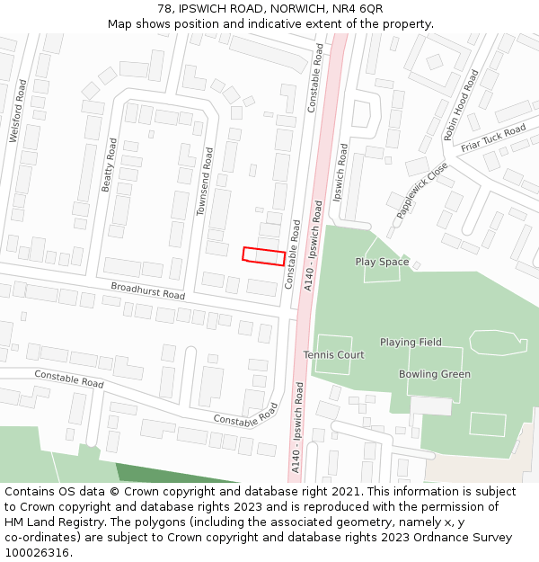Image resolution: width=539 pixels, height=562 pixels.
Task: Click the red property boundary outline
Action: pyautogui.click(x=263, y=256)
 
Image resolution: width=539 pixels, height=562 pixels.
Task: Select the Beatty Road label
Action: pyautogui.click(x=108, y=164)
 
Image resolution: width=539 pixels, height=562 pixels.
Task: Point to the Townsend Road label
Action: pyautogui.click(x=204, y=182)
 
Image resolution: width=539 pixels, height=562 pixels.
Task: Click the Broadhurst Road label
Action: pyautogui.click(x=147, y=290)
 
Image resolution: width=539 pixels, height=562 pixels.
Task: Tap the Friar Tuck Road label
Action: pyautogui.click(x=493, y=138)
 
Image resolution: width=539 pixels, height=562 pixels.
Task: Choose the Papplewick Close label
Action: pyautogui.click(x=421, y=191)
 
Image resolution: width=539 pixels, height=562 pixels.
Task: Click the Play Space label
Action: pyautogui.click(x=382, y=263)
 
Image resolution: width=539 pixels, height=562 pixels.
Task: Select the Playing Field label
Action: pyautogui.click(x=411, y=343)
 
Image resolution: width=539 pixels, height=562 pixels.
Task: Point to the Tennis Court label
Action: pyautogui.click(x=333, y=355)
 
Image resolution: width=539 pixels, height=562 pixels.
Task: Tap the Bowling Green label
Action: pyautogui.click(x=435, y=374)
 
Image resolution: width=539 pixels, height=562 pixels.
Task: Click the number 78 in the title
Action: pyautogui.click(x=164, y=8)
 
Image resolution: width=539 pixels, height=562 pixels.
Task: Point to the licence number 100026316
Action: pyautogui.click(x=39, y=553)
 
